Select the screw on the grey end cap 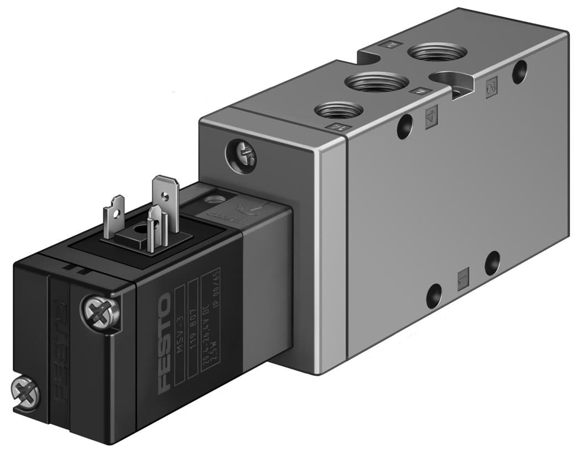click(241, 156)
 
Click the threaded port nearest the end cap click(338, 109)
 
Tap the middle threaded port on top click(377, 82)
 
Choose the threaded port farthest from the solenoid click(437, 53)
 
